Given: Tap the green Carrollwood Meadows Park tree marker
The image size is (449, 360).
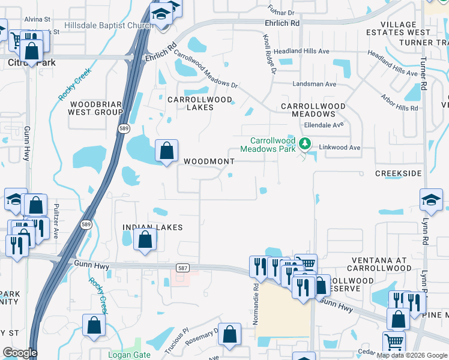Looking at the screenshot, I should point(305,144).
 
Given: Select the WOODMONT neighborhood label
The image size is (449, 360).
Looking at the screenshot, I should point(209,161).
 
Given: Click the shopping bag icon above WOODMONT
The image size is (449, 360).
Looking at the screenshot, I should point(166,151).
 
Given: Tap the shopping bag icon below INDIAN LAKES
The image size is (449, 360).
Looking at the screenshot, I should point(145,239).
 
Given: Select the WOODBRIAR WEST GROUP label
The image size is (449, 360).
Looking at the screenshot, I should point(95,108).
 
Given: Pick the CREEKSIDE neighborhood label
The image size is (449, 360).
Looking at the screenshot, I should point(398,173).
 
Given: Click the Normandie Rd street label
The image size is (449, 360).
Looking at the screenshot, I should point(256,304).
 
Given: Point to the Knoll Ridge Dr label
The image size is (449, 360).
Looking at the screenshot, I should point(268,53).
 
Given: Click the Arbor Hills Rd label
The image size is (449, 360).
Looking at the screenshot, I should point(399,103).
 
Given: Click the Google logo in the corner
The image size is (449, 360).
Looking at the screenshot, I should point(20,353).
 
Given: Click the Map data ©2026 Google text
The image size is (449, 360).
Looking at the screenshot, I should point(412,355).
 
